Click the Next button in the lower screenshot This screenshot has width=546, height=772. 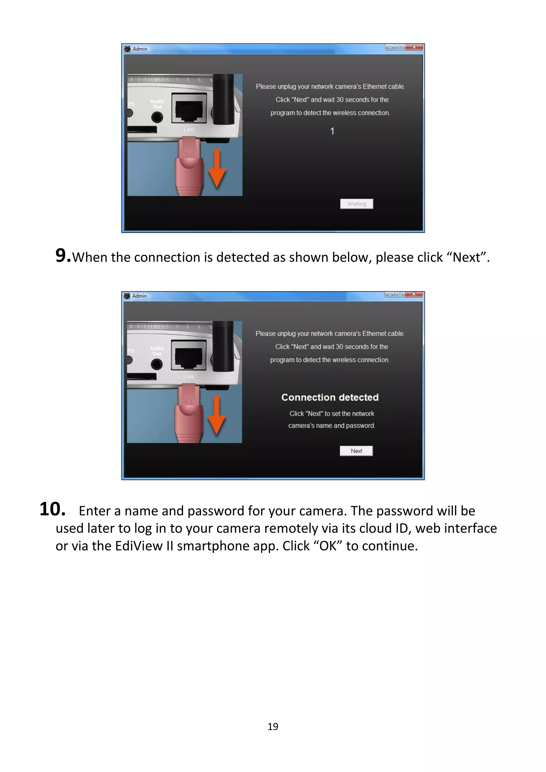point(356,451)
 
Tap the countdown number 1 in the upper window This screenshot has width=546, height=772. point(332,131)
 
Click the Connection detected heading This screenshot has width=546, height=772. point(330,397)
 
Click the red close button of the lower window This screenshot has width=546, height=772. point(414,294)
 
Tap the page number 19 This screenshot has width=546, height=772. point(273,727)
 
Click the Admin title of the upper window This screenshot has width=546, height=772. point(140,49)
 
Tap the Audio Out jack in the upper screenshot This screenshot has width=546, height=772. point(157,117)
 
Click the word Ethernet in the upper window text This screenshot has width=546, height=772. point(374,87)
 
